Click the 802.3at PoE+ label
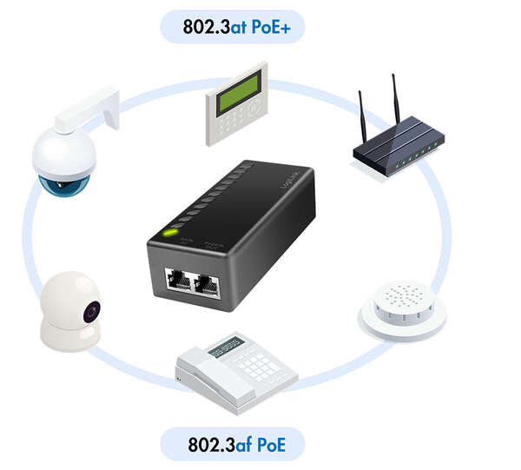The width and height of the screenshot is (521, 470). [232, 26]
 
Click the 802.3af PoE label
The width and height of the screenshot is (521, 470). [233, 446]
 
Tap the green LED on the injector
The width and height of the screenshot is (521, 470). [172, 233]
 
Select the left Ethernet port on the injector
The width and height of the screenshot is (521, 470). [180, 281]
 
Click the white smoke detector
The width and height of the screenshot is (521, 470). [402, 309]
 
